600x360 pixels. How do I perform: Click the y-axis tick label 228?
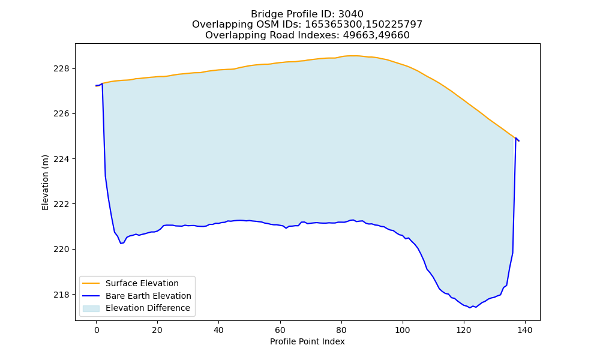[61, 69]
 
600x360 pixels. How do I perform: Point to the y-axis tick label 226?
[61, 114]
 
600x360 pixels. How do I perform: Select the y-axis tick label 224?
[61, 159]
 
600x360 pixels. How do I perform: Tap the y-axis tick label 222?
[61, 204]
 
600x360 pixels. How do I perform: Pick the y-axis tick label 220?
[61, 250]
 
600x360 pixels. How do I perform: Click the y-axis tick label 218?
[61, 295]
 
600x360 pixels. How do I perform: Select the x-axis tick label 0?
[97, 330]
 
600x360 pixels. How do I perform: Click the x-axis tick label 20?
[157, 330]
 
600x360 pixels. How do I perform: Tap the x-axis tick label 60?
[280, 330]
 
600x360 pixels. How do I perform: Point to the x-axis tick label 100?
[403, 330]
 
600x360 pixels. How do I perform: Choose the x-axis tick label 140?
[525, 330]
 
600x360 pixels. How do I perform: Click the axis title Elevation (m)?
[45, 182]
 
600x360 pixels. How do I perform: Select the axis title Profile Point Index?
[307, 341]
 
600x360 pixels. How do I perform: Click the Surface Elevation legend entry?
[130, 283]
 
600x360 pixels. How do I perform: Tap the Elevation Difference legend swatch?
[91, 308]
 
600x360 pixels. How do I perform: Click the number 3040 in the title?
[351, 14]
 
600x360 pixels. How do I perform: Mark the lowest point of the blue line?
[470, 308]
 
